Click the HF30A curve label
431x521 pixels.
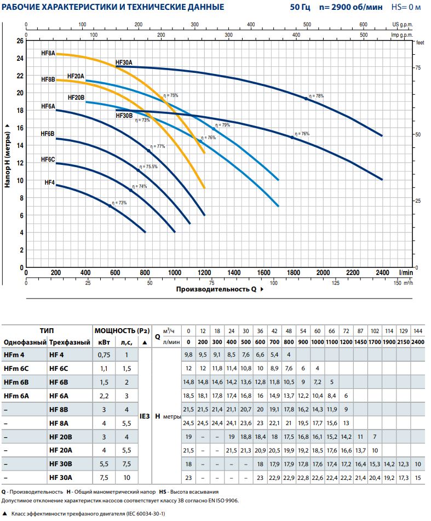pos(124,62)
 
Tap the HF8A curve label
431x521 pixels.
pos(48,54)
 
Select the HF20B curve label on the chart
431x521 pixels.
pos(76,97)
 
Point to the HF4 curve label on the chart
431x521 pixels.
pos(49,182)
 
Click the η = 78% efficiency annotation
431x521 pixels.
pos(316,96)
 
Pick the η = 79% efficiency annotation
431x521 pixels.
pos(223,125)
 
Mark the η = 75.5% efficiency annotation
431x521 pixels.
pos(148,167)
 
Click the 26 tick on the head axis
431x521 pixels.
pos(20,41)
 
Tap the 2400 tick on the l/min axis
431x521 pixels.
pos(382,272)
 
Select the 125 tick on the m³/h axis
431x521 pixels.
pos(336,283)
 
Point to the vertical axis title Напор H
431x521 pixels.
pos(8,156)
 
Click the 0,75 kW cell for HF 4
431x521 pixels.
pos(104,354)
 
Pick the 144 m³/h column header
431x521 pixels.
pos(418,330)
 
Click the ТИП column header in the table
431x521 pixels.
pos(47,330)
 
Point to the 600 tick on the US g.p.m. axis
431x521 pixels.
pos(363,25)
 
